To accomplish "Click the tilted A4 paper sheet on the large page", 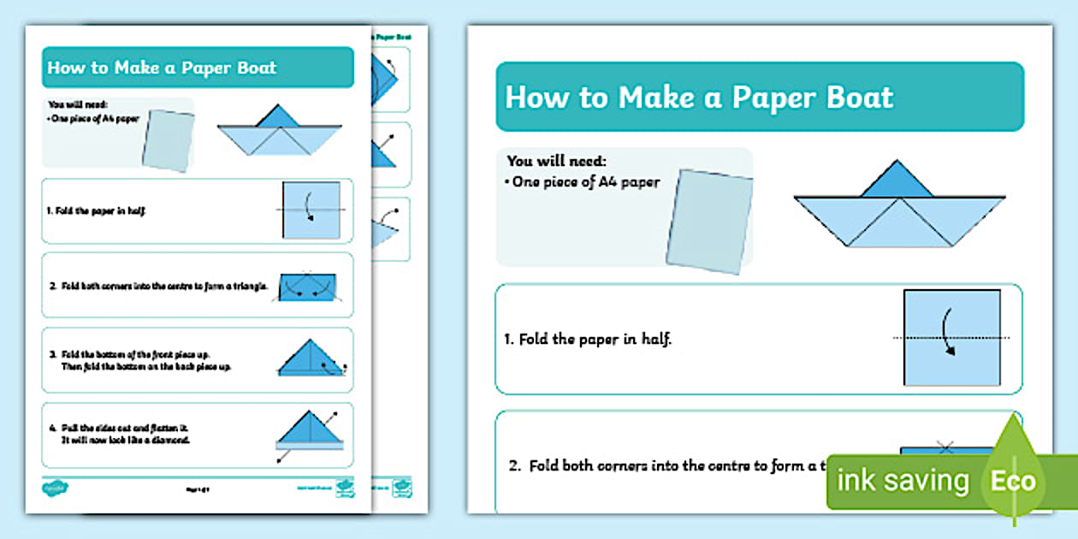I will tap(709, 221).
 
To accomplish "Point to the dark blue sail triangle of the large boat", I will tap(896, 181).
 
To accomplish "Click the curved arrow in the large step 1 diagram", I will tap(949, 335).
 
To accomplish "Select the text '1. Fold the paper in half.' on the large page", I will tap(588, 339).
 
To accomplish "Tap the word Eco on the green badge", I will tap(1013, 481).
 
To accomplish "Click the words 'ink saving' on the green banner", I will tap(903, 481).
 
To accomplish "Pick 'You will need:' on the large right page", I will tap(556, 161).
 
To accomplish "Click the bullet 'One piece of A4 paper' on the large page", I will tap(586, 182).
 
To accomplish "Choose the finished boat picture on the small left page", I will tap(279, 133).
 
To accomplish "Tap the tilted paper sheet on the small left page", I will tap(169, 140).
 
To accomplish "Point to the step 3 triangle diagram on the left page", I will tap(310, 357).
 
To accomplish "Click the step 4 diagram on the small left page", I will tap(309, 431).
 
